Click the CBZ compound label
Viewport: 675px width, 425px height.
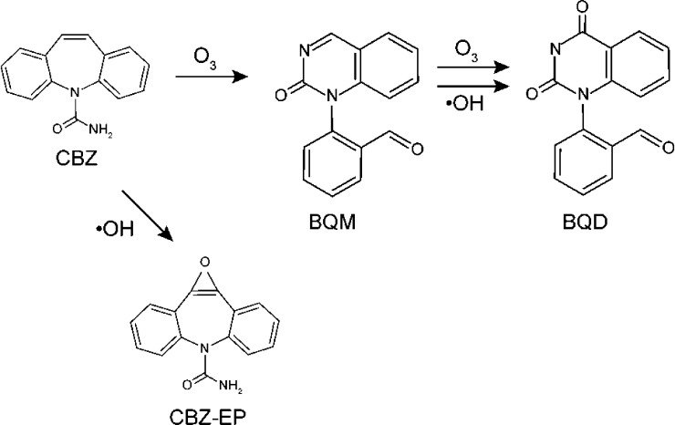(77, 158)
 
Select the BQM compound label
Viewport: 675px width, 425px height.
(333, 223)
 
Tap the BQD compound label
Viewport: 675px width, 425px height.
(585, 223)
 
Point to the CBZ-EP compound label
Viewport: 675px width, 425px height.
(208, 417)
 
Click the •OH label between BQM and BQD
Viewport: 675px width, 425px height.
(464, 103)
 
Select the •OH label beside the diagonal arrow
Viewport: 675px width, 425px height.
(115, 229)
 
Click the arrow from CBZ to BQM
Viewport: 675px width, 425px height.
(212, 78)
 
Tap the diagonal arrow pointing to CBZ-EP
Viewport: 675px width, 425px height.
(147, 215)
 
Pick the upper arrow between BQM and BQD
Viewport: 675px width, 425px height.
(472, 67)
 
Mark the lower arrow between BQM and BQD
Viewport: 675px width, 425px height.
(472, 87)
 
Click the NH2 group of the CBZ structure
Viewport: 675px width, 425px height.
(100, 130)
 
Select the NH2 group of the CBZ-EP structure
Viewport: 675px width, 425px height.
(231, 385)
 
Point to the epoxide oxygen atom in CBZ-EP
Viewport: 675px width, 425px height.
(205, 263)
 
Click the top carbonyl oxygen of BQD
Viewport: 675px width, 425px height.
(583, 7)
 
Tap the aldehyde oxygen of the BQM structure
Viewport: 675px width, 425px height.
(417, 150)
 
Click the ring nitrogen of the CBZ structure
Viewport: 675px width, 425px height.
(75, 91)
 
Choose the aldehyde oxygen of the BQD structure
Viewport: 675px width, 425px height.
(669, 148)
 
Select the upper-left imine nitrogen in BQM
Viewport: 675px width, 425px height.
(305, 51)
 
